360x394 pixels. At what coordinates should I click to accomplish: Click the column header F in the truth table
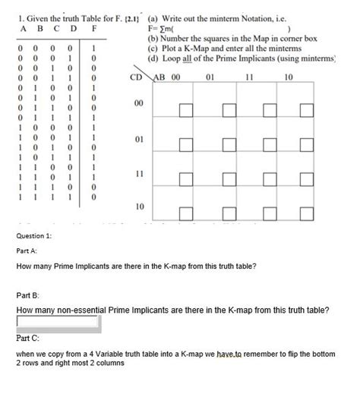pyautogui.click(x=93, y=30)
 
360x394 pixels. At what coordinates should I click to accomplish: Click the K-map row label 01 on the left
pyautogui.click(x=138, y=141)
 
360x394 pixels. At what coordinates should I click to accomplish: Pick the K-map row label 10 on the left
pyautogui.click(x=138, y=206)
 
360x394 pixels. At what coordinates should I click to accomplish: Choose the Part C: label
pyautogui.click(x=27, y=339)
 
